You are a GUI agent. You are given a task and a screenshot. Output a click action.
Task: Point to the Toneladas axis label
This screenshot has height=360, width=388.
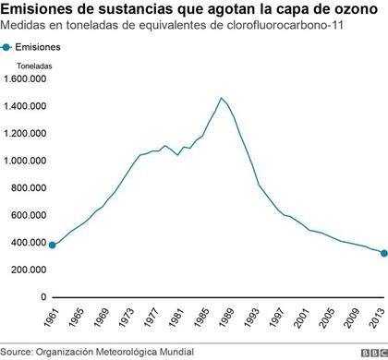tap(33, 66)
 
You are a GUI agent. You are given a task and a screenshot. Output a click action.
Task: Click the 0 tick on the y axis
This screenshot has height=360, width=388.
tap(42, 297)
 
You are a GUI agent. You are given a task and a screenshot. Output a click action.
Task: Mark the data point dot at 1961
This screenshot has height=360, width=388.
tap(53, 246)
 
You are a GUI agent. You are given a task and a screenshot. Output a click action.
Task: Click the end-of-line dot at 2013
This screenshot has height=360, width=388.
tap(382, 253)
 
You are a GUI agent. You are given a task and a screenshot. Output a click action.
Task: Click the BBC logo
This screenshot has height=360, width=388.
tap(371, 352)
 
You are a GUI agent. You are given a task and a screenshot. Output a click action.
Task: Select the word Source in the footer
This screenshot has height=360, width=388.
tap(16, 352)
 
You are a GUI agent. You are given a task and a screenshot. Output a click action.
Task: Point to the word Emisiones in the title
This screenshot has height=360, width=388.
tap(36, 10)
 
